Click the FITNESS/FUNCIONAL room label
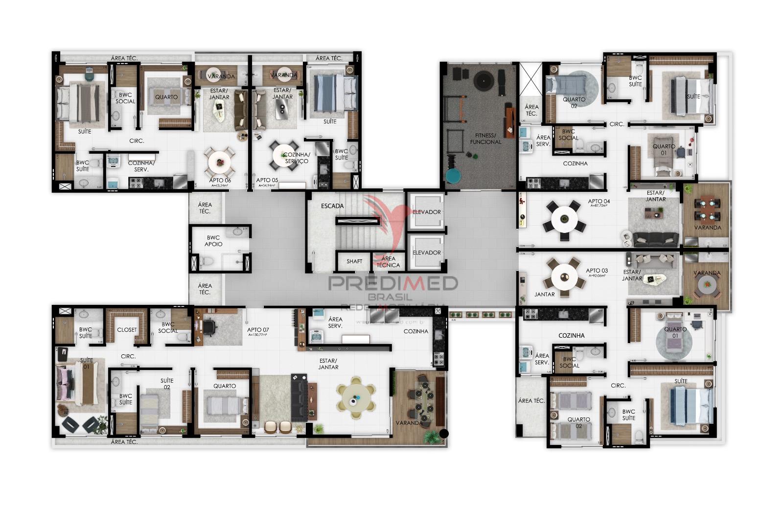point(485,139)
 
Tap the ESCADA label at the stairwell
point(332,206)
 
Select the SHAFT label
point(354,261)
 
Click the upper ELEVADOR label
point(427,212)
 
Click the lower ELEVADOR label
point(427,253)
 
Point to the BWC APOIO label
point(213,241)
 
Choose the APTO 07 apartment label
point(258,330)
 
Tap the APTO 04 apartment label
point(599,201)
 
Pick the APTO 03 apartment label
point(597,271)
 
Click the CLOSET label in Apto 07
point(127,330)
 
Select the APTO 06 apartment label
point(219,181)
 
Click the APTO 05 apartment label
point(267,181)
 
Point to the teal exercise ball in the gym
point(453,175)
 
